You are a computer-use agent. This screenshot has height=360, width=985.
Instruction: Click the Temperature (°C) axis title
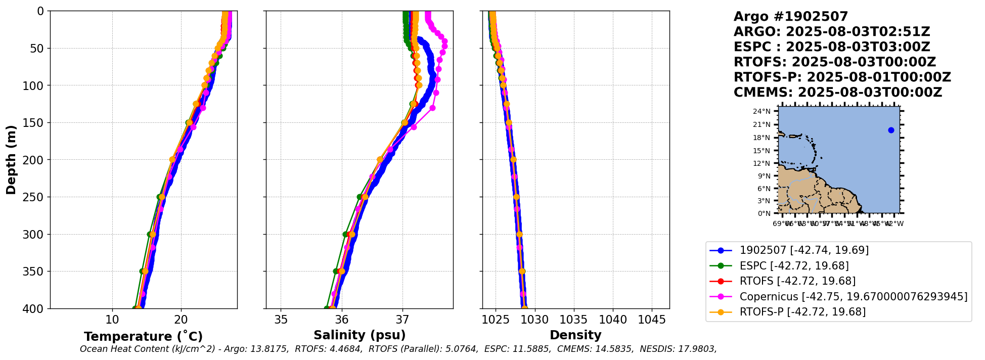coord(143,337)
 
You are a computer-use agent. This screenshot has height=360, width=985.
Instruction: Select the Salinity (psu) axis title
coord(360,335)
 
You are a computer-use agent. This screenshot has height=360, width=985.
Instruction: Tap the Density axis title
coord(575,335)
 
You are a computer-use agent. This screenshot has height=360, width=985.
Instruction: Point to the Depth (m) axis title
coord(11,160)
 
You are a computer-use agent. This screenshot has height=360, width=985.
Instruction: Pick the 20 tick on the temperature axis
coord(181,320)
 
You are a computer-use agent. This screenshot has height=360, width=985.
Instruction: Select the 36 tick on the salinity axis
coord(342,320)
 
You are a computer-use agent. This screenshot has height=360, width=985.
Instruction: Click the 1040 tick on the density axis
coord(613,320)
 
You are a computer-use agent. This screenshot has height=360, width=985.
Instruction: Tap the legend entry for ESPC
coord(794,266)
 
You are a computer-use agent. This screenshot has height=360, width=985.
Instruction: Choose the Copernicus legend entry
coord(853,297)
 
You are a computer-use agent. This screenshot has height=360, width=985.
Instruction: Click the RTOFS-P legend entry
coord(802,312)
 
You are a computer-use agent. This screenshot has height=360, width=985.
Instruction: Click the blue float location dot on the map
coord(891,130)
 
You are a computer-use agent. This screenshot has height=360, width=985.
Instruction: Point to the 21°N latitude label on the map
coord(765,124)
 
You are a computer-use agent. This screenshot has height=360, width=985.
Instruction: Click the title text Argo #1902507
coord(790,17)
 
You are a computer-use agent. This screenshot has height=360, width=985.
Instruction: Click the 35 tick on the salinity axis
coord(281,320)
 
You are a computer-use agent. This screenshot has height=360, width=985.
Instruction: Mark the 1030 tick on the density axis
coord(534,320)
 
